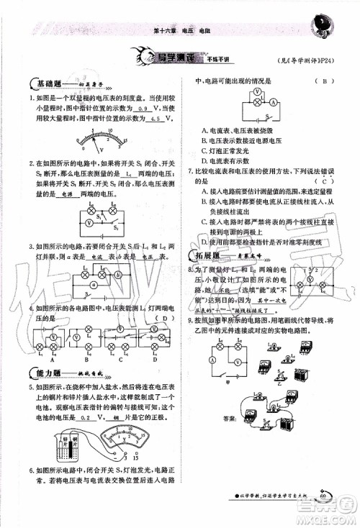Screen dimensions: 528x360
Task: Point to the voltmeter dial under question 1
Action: click(x=94, y=140)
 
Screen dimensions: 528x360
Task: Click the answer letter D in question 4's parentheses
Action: click(x=165, y=318)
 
